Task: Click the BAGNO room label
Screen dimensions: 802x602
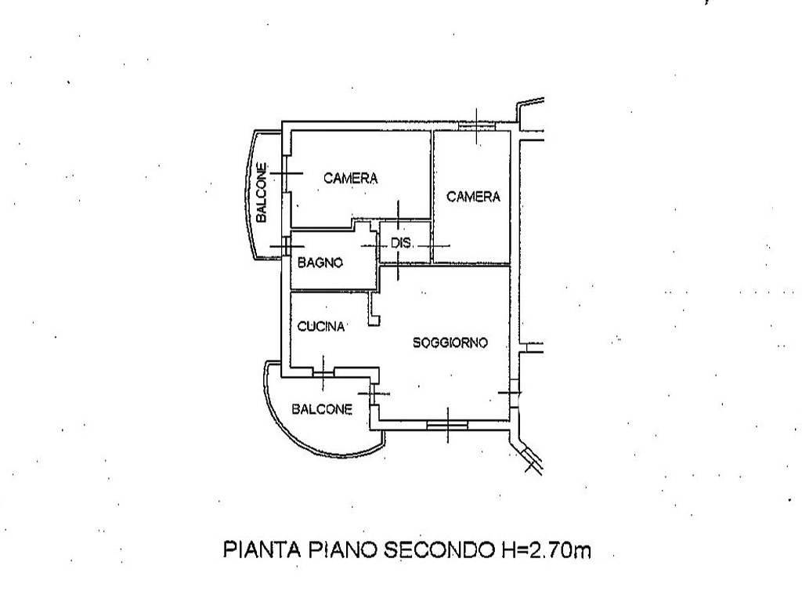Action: pos(320,263)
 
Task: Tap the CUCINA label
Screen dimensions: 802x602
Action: pos(321,326)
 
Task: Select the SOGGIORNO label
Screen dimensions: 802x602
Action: pos(450,343)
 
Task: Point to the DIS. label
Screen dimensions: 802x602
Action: pos(402,243)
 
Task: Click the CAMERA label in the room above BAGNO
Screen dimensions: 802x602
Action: pos(350,178)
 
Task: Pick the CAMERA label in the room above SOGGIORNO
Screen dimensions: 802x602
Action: pos(473,197)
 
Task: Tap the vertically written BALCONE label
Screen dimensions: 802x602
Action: pos(262,193)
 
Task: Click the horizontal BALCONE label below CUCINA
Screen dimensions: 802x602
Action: pos(322,409)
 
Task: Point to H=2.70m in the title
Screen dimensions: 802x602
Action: pos(544,549)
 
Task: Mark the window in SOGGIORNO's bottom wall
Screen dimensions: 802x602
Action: pos(447,425)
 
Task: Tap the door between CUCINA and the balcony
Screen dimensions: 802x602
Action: pos(323,372)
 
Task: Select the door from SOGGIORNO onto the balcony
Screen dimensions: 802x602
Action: pos(374,393)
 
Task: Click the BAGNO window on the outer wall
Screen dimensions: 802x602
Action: pos(286,247)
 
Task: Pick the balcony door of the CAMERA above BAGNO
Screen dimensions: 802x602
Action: pos(286,173)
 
